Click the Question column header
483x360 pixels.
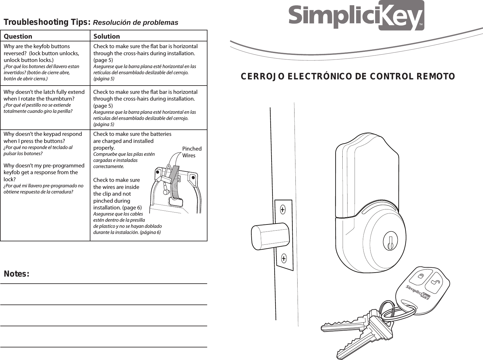[x=18, y=36]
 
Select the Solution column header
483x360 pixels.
[x=106, y=36]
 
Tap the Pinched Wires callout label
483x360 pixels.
[x=192, y=152]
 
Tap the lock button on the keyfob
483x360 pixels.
[x=421, y=276]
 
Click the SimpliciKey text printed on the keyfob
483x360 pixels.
[x=418, y=292]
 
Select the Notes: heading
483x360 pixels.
[x=17, y=274]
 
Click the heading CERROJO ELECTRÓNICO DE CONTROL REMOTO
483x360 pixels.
[x=348, y=76]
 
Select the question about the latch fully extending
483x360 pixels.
[x=44, y=95]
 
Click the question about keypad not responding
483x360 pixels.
[x=43, y=137]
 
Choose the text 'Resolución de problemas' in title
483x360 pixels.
[x=135, y=23]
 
